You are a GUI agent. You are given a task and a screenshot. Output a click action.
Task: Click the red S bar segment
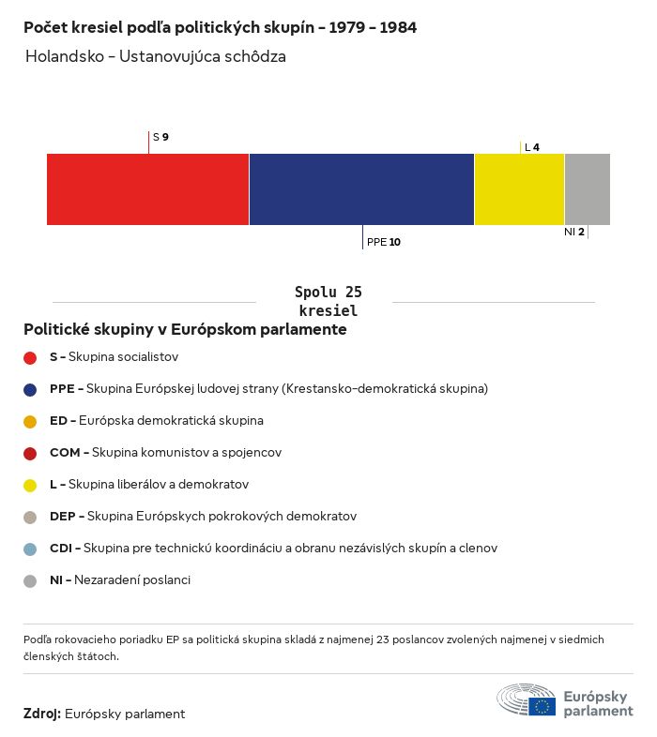pos(147,189)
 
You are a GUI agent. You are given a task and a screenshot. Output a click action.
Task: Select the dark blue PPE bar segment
pos(361,189)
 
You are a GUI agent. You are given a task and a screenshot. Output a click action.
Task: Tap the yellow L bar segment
pos(519,189)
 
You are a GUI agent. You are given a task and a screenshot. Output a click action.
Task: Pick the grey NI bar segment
pos(587,189)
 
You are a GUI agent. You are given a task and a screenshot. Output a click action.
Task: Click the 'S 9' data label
pos(160,137)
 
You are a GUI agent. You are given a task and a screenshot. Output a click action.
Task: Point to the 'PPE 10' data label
pos(384,242)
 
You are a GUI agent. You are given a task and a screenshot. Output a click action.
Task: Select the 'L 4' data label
pos(531,147)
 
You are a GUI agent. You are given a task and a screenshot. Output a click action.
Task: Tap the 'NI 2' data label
pos(574,232)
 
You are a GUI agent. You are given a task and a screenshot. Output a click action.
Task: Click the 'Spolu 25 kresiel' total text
pos(328,301)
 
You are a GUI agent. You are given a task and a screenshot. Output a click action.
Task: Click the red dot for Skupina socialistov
pos(30,357)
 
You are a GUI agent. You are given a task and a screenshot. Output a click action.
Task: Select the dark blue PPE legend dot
pos(30,389)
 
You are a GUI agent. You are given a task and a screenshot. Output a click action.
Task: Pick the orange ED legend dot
pos(30,421)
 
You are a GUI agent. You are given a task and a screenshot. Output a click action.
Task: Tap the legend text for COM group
pos(165,453)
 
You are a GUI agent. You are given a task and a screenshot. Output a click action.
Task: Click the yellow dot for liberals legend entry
pos(30,485)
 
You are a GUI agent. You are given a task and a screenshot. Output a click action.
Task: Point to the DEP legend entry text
pos(203,517)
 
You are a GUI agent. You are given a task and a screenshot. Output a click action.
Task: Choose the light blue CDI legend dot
pos(30,549)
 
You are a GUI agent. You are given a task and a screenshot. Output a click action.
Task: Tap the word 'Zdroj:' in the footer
pos(42,714)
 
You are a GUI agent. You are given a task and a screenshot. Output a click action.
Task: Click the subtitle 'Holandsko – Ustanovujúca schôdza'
pos(155,56)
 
